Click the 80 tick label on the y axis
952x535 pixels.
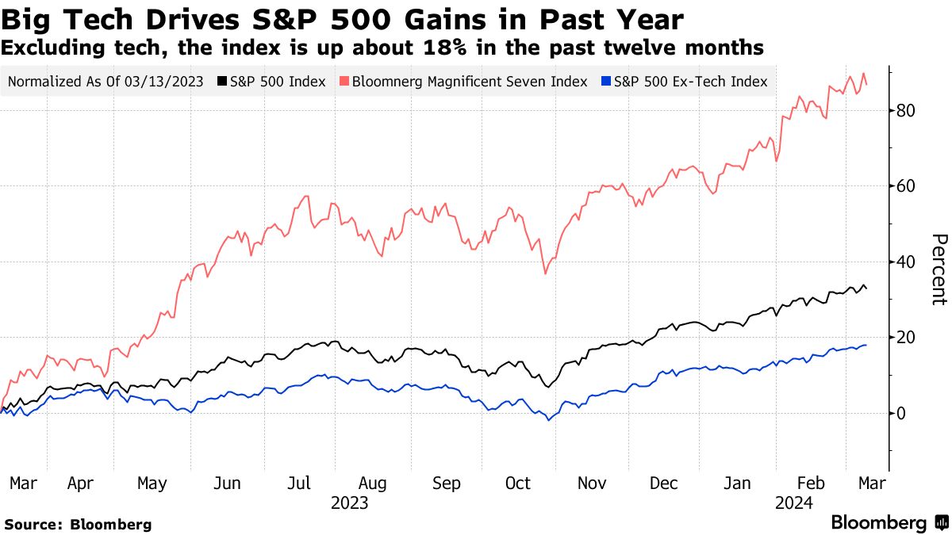[x=907, y=111]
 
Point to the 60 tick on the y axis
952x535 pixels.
[x=907, y=186]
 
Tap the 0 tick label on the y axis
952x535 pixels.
[x=902, y=413]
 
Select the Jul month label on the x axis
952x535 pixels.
[x=297, y=483]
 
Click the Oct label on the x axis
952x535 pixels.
[x=519, y=483]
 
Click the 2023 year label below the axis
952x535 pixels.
[x=350, y=503]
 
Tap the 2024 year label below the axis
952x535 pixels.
[x=794, y=503]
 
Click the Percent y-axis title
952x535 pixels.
[x=939, y=269]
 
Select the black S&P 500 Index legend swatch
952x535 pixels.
[x=225, y=82]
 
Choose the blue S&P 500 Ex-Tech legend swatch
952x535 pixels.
[x=607, y=82]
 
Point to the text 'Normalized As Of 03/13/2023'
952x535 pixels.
[x=105, y=82]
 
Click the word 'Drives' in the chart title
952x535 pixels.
[x=208, y=19]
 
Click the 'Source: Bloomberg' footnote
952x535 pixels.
[x=78, y=524]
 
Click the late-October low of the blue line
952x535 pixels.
[x=547, y=420]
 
